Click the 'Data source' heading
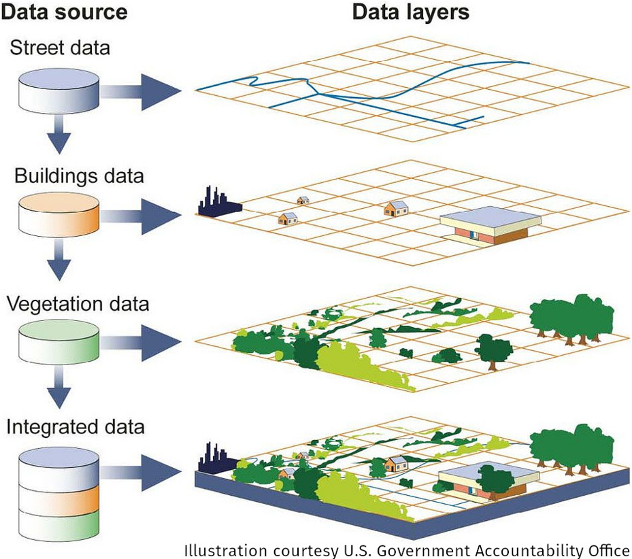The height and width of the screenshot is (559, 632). [x=64, y=12]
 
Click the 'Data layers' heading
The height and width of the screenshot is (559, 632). [x=411, y=12]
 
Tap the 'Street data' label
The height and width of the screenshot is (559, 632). [x=60, y=48]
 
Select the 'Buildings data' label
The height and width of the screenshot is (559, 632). [x=79, y=176]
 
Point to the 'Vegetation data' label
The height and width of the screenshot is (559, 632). [x=78, y=303]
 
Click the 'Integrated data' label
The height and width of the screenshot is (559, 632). [x=76, y=427]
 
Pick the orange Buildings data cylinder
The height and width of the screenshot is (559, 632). [x=59, y=215]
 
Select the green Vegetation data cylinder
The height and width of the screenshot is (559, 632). [x=59, y=343]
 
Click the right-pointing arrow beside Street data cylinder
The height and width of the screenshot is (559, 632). [x=141, y=92]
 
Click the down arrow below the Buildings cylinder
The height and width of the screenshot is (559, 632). [x=59, y=259]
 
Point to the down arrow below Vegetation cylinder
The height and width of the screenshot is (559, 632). [x=59, y=387]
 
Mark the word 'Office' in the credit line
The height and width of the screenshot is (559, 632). [x=609, y=550]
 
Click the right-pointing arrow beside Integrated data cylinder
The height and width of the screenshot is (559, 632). [x=141, y=473]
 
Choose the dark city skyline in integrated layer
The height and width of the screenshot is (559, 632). [x=218, y=458]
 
